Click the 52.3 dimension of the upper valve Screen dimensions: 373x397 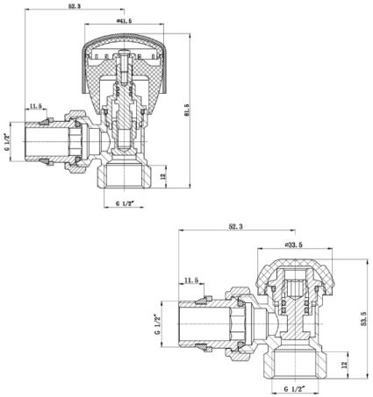pos(75,6)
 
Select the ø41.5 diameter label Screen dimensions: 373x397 pos(124,21)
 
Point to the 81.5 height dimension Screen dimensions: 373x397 pos(186,110)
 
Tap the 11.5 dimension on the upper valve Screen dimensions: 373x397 pos(36,106)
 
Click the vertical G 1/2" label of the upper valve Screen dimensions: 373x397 pos(6,142)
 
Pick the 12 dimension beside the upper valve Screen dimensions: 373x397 pos(163,176)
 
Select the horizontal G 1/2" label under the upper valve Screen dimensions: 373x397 pos(125,203)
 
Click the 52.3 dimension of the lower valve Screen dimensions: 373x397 pos(236,226)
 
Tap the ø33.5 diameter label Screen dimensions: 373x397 pos(294,245)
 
